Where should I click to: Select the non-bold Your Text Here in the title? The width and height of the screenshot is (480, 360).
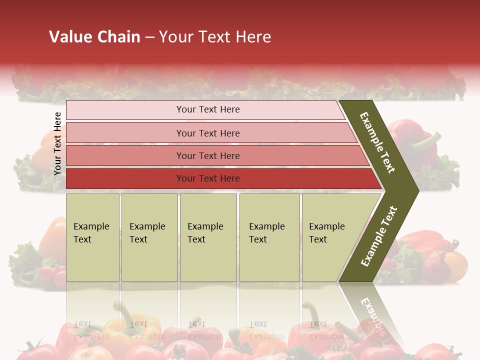(x=215, y=37)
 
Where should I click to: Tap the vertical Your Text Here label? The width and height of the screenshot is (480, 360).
(x=57, y=143)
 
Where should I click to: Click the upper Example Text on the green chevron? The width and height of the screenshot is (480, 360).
(x=377, y=142)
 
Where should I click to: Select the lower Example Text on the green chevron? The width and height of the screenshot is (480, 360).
(x=379, y=236)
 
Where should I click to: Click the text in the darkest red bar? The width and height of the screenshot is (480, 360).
(x=208, y=178)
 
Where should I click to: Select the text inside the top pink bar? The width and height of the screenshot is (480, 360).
(x=208, y=109)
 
